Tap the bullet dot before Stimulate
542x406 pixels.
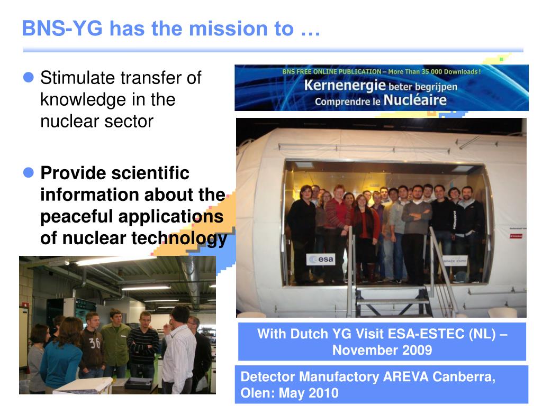(29, 78)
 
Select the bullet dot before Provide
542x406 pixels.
(29, 172)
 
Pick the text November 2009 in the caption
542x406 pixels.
(382, 350)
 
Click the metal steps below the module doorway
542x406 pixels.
(392, 301)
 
